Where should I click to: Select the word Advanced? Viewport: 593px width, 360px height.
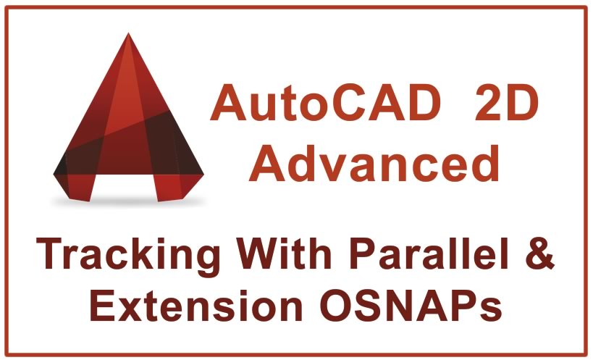(379, 164)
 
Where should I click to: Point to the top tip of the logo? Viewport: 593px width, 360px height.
(130, 34)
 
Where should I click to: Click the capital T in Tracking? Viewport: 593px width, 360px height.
(53, 256)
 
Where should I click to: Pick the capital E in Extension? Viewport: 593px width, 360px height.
(106, 306)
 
